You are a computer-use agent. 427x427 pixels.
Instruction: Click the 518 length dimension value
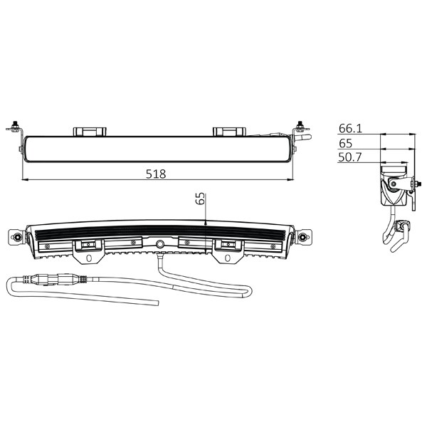tap(156, 174)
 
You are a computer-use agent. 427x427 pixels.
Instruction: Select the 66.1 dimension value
tap(350, 128)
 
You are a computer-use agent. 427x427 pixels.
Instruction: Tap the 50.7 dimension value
tap(350, 157)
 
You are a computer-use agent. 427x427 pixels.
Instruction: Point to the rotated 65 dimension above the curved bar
tap(200, 199)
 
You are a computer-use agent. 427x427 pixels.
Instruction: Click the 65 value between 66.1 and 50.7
tap(346, 143)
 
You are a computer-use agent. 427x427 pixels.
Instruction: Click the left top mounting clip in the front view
tap(90, 132)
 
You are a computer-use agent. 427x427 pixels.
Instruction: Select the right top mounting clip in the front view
tap(229, 132)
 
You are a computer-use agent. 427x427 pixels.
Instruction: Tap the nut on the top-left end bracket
tap(16, 125)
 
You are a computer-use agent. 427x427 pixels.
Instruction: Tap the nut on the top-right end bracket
tap(300, 125)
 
